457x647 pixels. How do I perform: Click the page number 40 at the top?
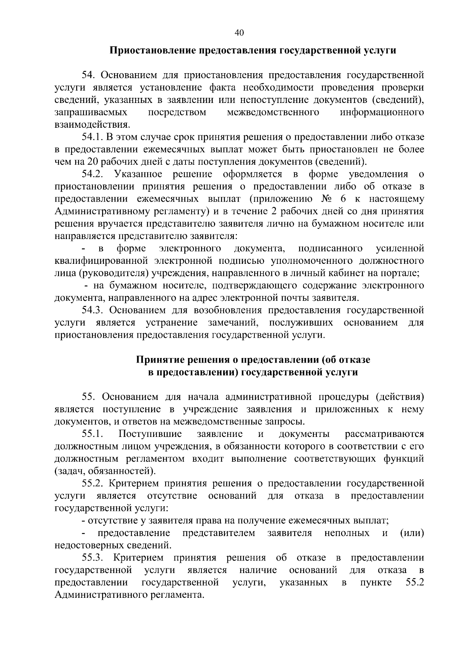[x=239, y=33]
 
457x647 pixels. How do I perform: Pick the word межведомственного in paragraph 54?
[x=273, y=112]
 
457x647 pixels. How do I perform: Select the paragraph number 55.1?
[x=93, y=434]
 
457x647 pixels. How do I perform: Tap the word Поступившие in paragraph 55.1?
[x=150, y=434]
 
